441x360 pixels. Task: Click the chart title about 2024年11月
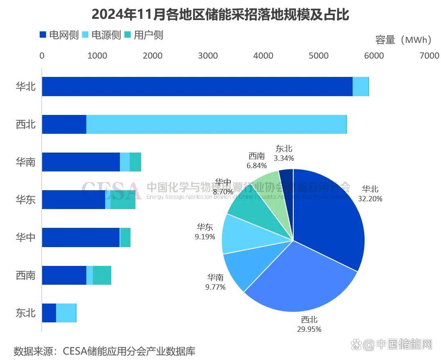coord(220,14)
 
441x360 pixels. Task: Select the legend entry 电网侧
coord(59,35)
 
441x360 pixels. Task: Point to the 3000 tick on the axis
coord(208,56)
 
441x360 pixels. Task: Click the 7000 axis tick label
coord(429,56)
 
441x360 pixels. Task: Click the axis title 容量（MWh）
coord(403,40)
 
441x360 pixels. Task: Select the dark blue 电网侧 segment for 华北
coord(196,87)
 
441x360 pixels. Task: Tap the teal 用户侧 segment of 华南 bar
coord(135,162)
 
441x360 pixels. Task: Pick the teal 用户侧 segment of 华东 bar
coord(123,200)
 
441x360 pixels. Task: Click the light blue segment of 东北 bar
coord(66,313)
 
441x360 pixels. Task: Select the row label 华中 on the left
coord(26,237)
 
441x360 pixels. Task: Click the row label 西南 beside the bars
coord(26,275)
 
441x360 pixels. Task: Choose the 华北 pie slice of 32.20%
coord(327,213)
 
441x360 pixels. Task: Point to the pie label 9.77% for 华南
coord(215,287)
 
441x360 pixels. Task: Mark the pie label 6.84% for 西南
coord(256,166)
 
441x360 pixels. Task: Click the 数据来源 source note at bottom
coord(104,351)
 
